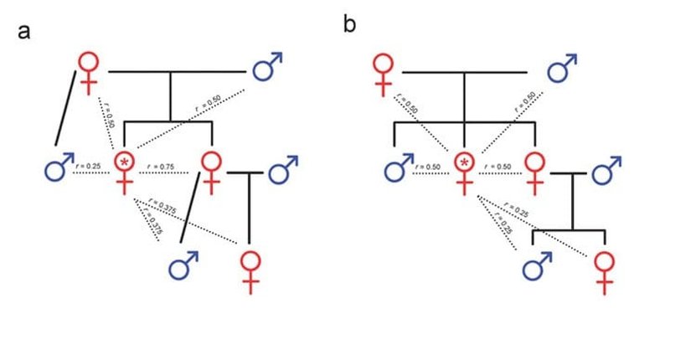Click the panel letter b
click(349, 25)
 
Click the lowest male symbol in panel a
click(183, 267)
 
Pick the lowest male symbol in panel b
click(537, 267)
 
